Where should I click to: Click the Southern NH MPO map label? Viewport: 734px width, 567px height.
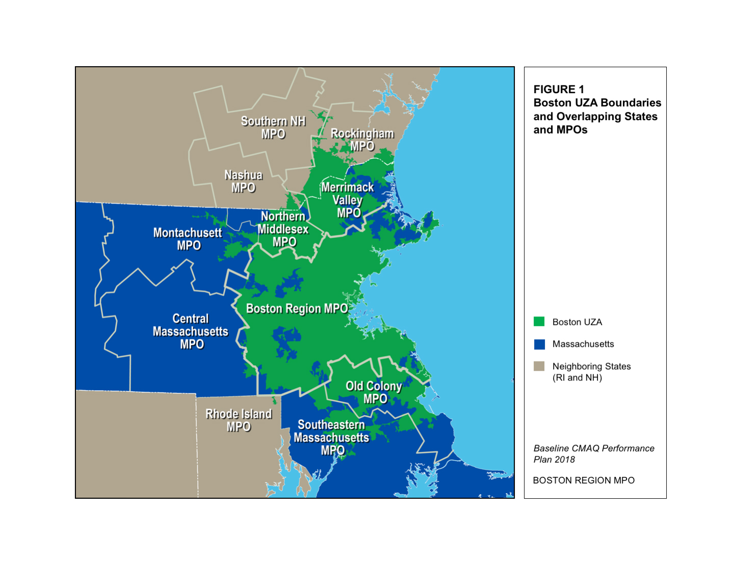click(x=273, y=127)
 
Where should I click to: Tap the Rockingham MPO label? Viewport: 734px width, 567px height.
click(x=362, y=140)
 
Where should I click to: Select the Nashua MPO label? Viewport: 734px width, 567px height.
click(x=244, y=181)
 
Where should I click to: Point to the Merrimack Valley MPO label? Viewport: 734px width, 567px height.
click(x=348, y=200)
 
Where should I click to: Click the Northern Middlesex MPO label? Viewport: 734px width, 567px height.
click(x=283, y=229)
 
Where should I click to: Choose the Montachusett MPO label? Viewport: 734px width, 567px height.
click(x=188, y=239)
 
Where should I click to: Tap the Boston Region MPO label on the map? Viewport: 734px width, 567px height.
click(x=297, y=309)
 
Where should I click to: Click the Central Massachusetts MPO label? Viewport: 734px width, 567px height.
click(x=191, y=332)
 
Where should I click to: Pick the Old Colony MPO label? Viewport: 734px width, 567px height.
click(x=374, y=392)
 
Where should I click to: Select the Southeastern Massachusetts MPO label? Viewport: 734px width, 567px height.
click(x=331, y=438)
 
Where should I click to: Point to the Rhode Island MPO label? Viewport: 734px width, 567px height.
click(x=239, y=420)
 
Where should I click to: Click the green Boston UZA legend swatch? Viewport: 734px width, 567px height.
click(x=539, y=321)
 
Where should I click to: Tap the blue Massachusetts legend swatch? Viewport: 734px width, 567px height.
click(x=539, y=344)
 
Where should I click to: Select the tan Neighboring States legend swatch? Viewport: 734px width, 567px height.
click(x=539, y=366)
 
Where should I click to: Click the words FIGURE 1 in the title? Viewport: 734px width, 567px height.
click(x=559, y=90)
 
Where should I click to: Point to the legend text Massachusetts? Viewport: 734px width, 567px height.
click(x=583, y=344)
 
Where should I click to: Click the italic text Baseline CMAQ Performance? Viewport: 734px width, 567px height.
click(x=594, y=448)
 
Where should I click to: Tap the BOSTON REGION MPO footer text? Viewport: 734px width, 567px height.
click(x=584, y=480)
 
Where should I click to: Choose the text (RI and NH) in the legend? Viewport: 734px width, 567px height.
click(x=577, y=378)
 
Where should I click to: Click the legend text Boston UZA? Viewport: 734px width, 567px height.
click(x=577, y=322)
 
